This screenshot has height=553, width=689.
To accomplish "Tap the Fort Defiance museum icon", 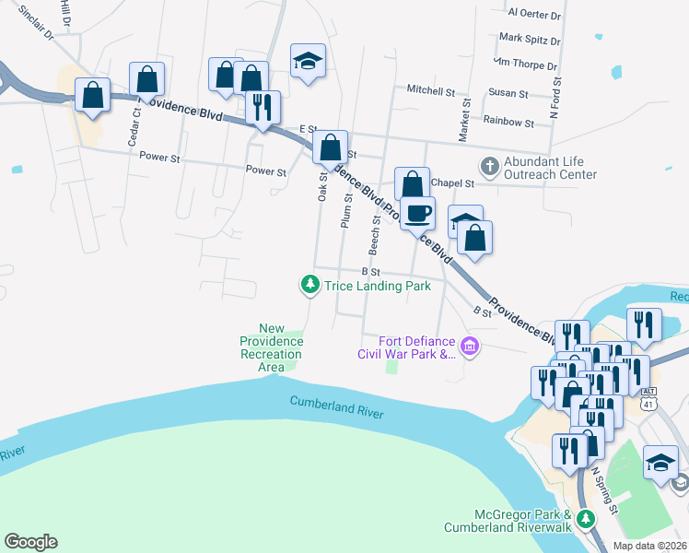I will [470, 347].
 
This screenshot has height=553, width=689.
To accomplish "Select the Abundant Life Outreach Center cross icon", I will [489, 167].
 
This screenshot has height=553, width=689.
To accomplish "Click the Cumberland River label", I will [336, 407].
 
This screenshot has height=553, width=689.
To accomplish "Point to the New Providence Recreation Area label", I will [271, 347].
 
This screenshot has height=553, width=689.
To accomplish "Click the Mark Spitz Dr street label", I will [529, 40].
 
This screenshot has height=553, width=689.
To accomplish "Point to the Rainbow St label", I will [508, 122].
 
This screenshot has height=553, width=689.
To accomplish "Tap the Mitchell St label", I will [431, 91].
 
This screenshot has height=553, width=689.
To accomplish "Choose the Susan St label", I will [508, 94].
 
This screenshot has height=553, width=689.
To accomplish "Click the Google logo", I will [30, 542].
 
